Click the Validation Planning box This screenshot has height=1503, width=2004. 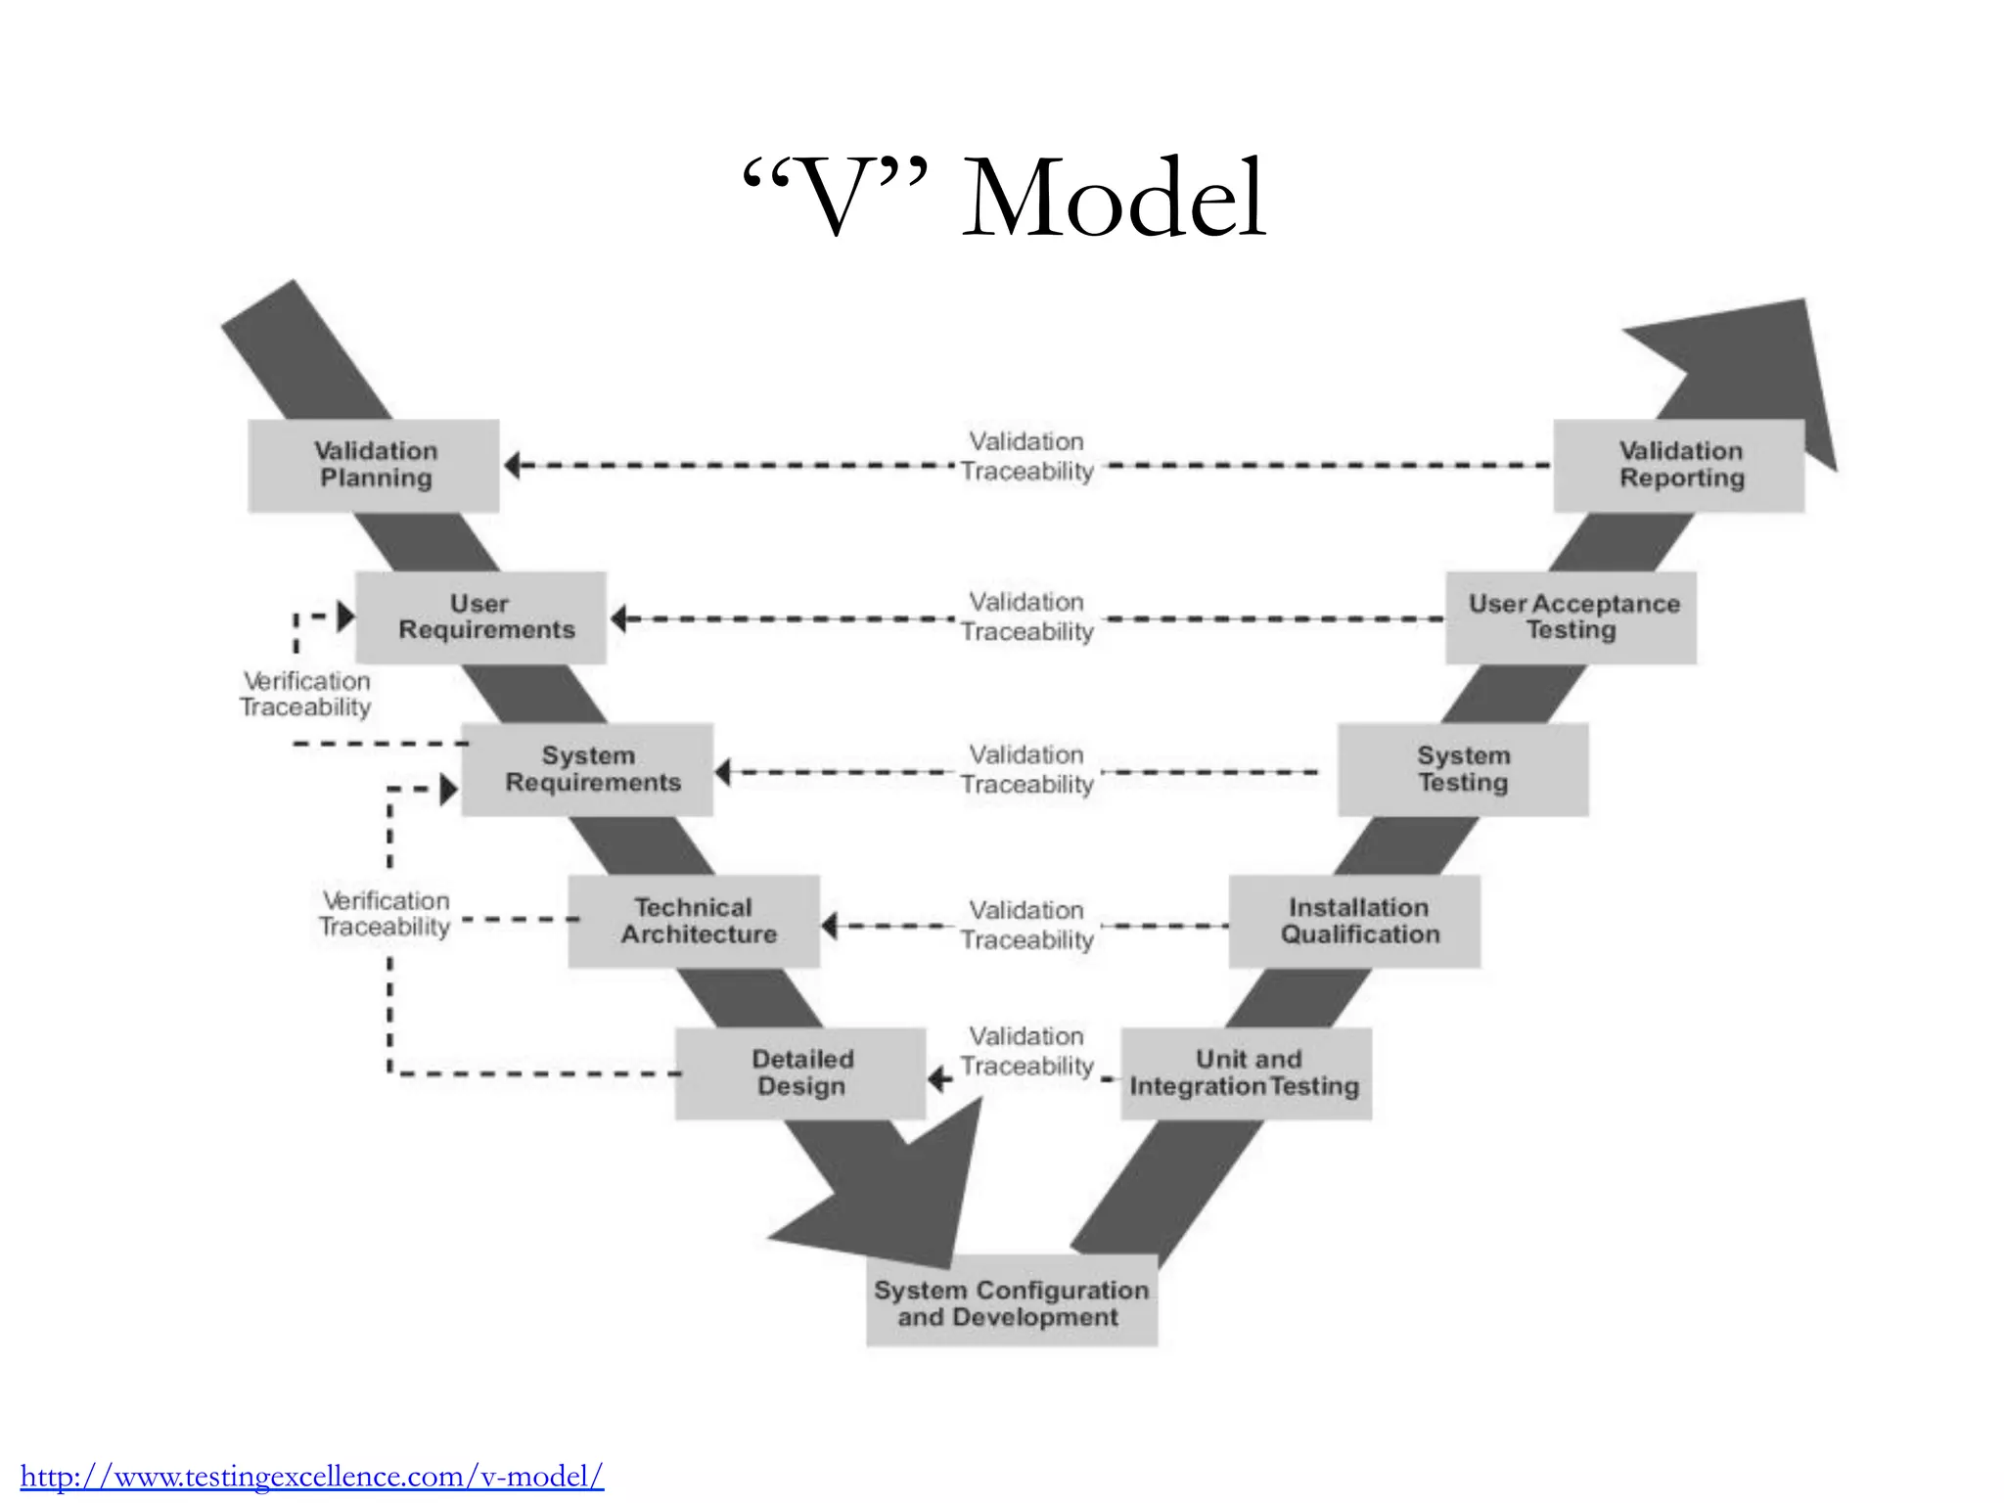pyautogui.click(x=374, y=466)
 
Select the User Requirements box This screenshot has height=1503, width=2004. pyautogui.click(x=480, y=617)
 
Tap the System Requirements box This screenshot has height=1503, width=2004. pyautogui.click(x=587, y=769)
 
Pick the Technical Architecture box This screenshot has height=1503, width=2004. pyautogui.click(x=694, y=921)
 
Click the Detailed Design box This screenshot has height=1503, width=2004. pyautogui.click(x=800, y=1072)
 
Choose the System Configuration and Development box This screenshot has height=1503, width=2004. pyautogui.click(x=1011, y=1301)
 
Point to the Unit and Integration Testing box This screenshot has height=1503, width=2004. pyautogui.click(x=1246, y=1072)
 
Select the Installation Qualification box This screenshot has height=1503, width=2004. pyautogui.click(x=1354, y=921)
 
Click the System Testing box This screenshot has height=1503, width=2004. pyautogui.click(x=1463, y=769)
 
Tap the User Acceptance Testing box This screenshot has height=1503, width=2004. pyautogui.click(x=1571, y=617)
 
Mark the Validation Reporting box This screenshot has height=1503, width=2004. pyautogui.click(x=1679, y=466)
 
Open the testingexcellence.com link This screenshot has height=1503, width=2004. pyautogui.click(x=312, y=1476)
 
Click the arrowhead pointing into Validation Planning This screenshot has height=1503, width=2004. pyautogui.click(x=513, y=466)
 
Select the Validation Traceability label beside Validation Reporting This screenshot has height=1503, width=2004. pyautogui.click(x=1026, y=456)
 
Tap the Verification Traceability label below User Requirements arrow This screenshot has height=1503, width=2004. pyautogui.click(x=306, y=694)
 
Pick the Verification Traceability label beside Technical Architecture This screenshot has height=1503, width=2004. pyautogui.click(x=386, y=913)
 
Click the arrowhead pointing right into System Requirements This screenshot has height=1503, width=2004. pyautogui.click(x=449, y=789)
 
